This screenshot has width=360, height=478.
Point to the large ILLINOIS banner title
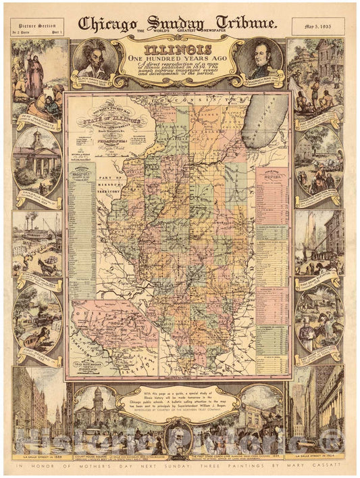point(180,49)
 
